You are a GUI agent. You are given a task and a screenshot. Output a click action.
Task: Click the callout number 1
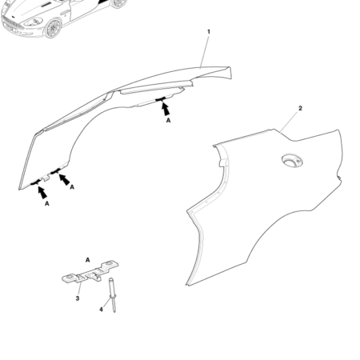coord(209,32)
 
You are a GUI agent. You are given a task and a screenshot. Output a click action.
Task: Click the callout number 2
coord(299,108)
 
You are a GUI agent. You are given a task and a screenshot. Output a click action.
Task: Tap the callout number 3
coord(77,298)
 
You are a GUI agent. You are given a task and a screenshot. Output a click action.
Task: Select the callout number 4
coord(102,308)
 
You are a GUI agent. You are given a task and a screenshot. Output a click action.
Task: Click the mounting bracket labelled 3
coord(84,278)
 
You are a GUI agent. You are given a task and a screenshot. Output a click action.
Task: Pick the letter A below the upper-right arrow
coord(168,120)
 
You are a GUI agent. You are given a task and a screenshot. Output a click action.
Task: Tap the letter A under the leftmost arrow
coord(47,204)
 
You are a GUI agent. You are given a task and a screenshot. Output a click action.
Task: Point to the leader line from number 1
coord(204,50)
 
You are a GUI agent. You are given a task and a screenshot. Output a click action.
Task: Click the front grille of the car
coord(11,22)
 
